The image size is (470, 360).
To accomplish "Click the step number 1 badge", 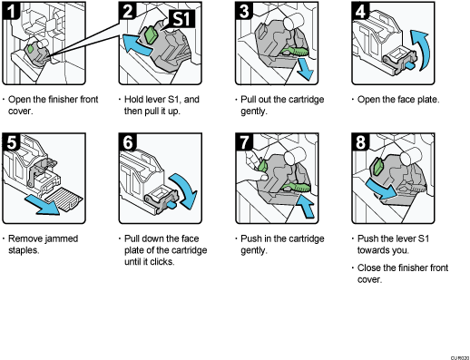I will [x=11, y=11].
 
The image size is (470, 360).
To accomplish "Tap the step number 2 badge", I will [x=128, y=12].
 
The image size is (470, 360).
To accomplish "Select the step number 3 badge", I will [x=244, y=11].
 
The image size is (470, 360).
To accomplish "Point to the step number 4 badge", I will [x=360, y=11].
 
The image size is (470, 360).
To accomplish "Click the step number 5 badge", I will [x=11, y=142].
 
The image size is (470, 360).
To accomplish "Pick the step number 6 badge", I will [x=128, y=142].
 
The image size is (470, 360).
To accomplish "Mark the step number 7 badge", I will [x=244, y=142].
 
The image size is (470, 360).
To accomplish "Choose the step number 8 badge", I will [x=360, y=142].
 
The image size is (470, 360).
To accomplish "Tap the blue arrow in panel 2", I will [x=134, y=44].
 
